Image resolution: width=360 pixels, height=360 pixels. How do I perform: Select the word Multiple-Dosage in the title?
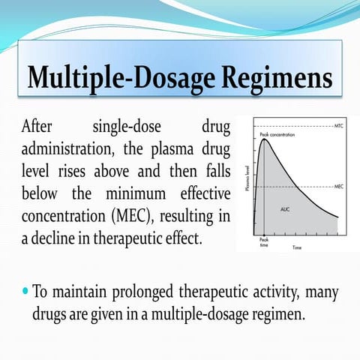[x=119, y=77]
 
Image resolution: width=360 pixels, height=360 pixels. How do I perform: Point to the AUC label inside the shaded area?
[x=286, y=208]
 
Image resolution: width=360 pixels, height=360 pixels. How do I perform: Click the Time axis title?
[x=298, y=247]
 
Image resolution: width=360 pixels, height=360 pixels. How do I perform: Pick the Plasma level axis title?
[x=247, y=181]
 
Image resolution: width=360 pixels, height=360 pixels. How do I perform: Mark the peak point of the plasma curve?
[x=263, y=139]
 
